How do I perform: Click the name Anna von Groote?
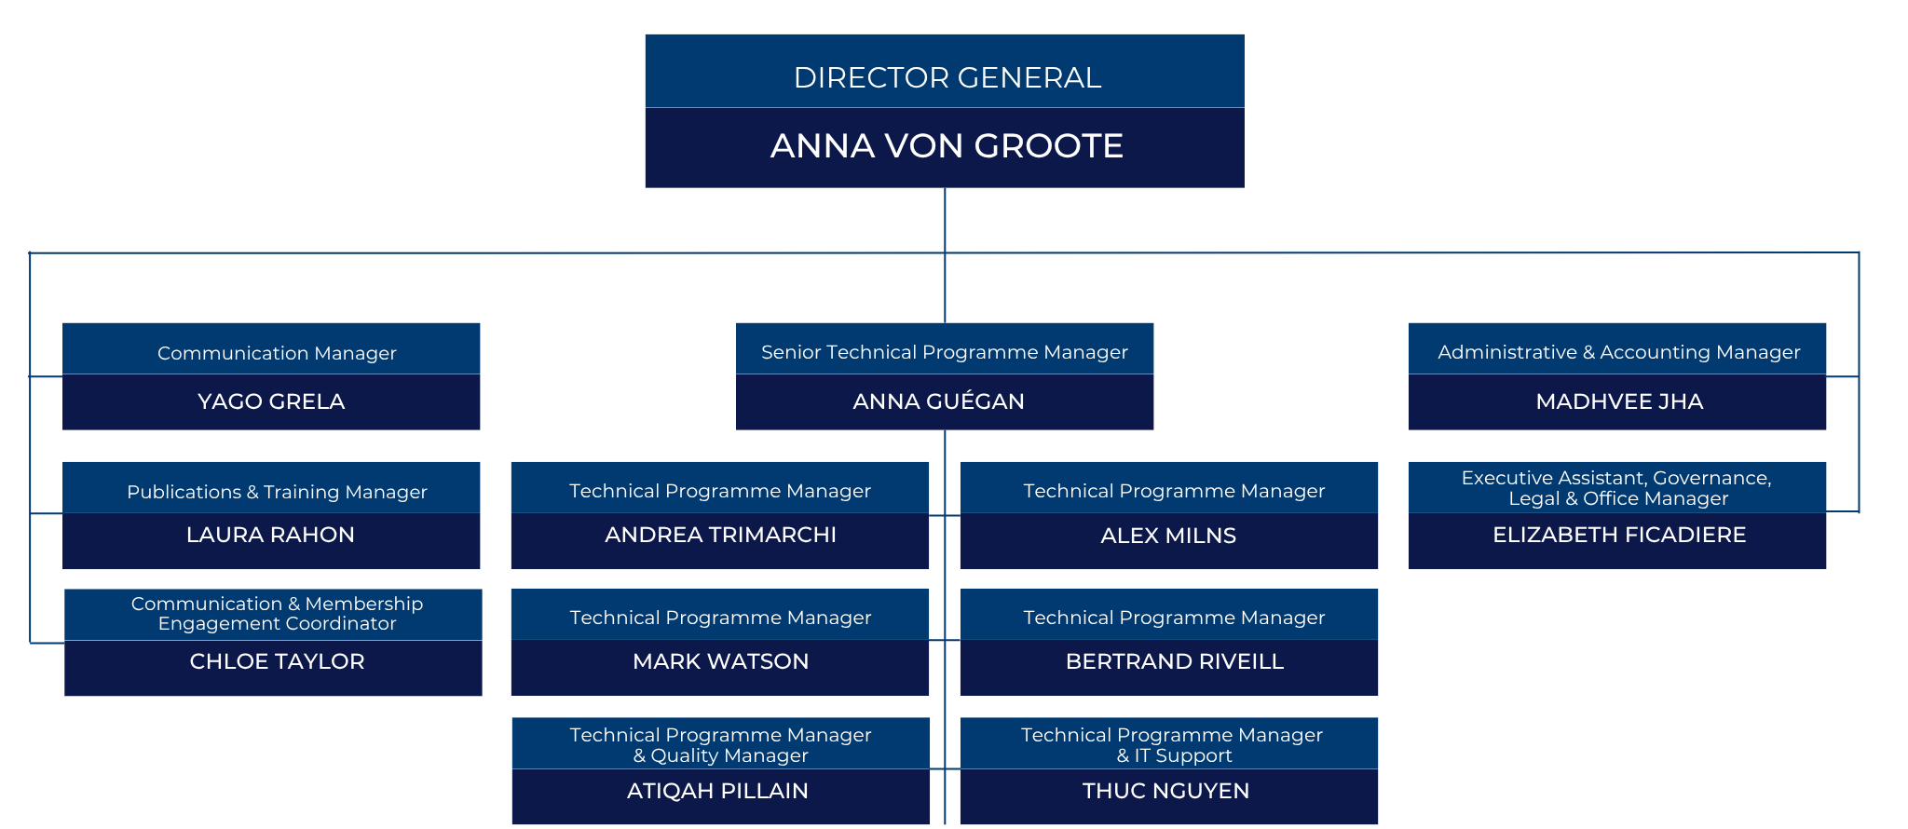tap(947, 145)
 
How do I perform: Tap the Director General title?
tap(947, 77)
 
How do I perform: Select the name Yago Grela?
tap(271, 401)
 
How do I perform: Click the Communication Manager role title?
tap(277, 353)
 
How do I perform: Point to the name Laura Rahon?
tap(270, 535)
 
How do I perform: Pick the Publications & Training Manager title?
tap(277, 492)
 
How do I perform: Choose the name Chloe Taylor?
tap(277, 661)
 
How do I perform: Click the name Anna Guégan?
tap(938, 401)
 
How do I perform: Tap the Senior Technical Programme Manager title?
tap(945, 352)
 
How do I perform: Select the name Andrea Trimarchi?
tap(720, 535)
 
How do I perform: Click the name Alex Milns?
tap(1168, 536)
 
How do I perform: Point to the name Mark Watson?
tap(720, 661)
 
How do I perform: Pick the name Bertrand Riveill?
tap(1174, 661)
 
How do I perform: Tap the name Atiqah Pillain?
tap(717, 791)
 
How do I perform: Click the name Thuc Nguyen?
tap(1165, 791)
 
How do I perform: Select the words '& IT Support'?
tap(1174, 755)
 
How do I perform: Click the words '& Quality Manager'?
tap(720, 755)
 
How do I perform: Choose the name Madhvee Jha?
tap(1619, 401)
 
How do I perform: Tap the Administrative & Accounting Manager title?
tap(1618, 352)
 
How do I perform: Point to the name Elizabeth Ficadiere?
tap(1619, 535)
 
